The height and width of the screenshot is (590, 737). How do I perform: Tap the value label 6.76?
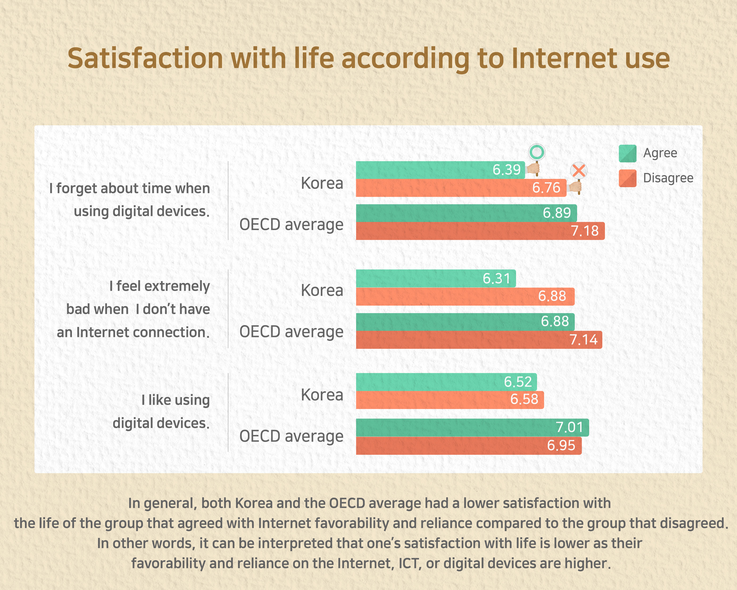point(546,188)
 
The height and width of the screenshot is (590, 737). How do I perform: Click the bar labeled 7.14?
point(479,340)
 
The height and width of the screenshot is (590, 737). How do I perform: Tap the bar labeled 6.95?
point(468,445)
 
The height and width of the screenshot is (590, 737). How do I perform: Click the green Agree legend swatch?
point(627,153)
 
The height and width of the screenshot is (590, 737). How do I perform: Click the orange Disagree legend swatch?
point(627,178)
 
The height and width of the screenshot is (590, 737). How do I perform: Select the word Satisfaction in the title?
point(145,58)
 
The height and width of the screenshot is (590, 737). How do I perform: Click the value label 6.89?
point(557,213)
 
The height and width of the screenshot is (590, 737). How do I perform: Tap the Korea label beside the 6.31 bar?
point(322,290)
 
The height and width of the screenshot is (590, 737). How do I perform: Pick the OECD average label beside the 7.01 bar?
point(291,436)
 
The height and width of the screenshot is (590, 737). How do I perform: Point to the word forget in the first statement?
point(77,189)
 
